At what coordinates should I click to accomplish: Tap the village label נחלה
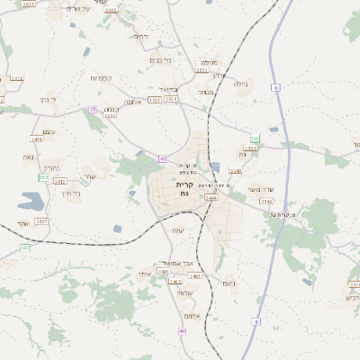pos(240,84)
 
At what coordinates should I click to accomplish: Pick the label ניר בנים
pos(158,60)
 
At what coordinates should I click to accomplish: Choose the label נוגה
pos(28,157)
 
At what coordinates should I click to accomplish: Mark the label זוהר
pos(23,223)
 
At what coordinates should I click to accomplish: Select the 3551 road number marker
pos(202,70)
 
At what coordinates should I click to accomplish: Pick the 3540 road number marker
pos(236,170)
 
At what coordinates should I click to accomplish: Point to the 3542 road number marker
pos(267,202)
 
